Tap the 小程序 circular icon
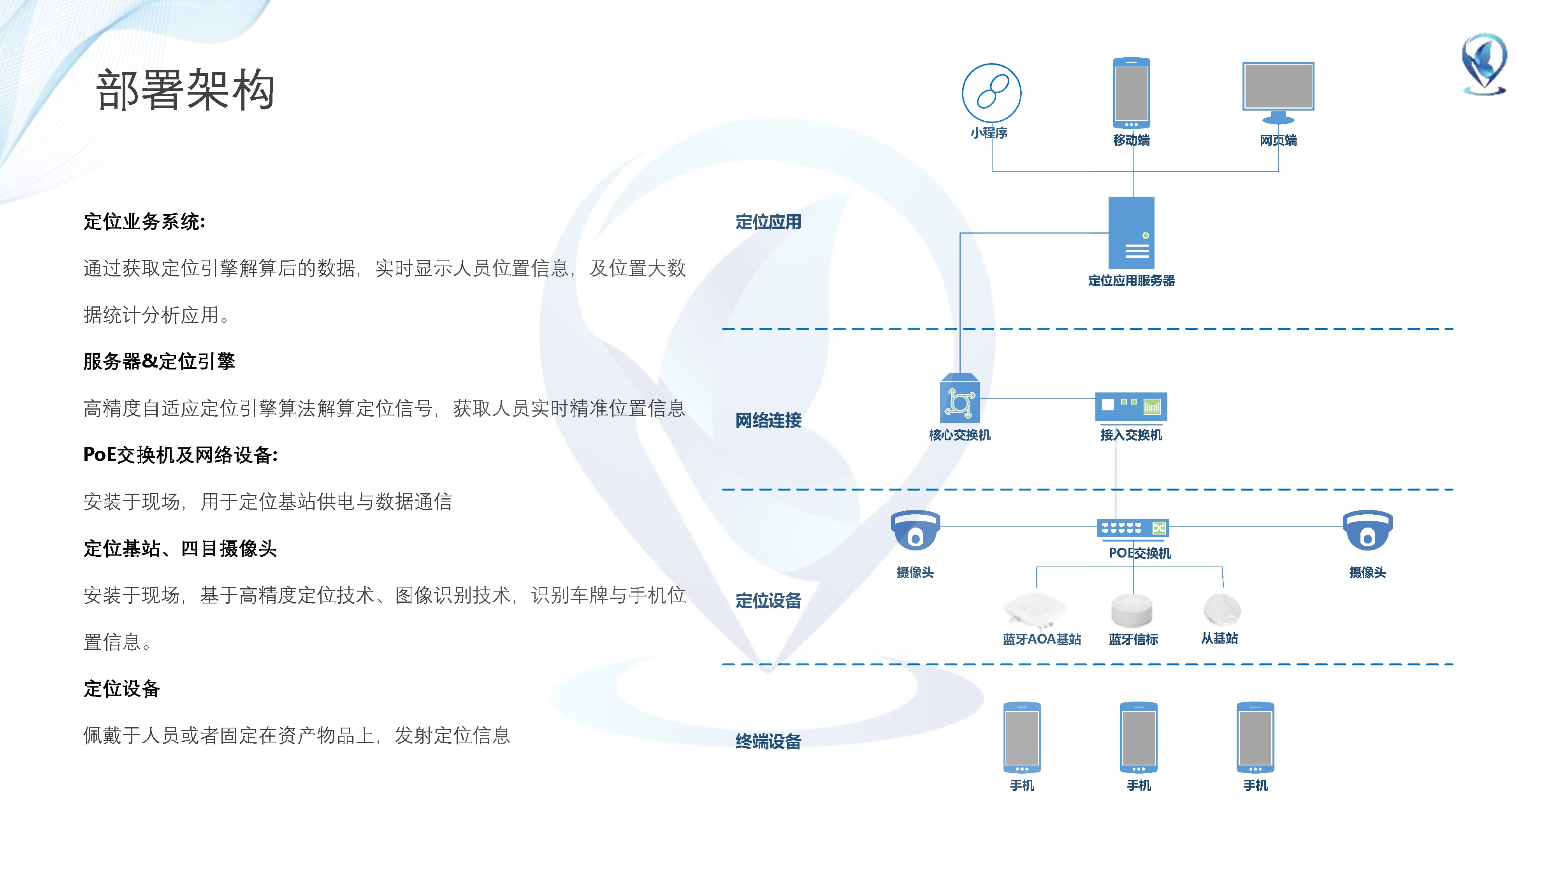[991, 93]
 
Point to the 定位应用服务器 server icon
[1131, 233]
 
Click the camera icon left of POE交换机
[915, 530]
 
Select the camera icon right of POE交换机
[1367, 530]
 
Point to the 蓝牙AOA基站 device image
[1035, 609]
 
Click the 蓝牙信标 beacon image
[1132, 609]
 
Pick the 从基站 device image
[1221, 609]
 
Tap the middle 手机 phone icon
[1138, 737]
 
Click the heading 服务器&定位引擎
[159, 362]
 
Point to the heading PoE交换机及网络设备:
[180, 455]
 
